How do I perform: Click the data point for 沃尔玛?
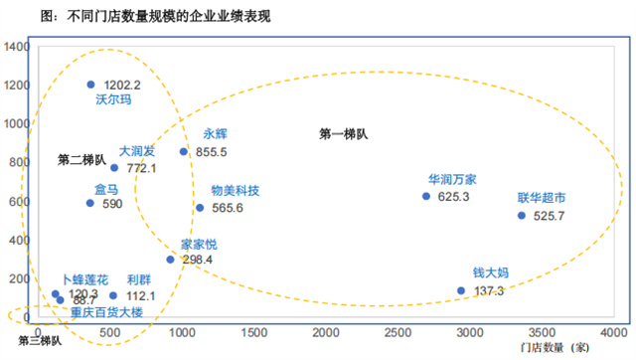pos(90,85)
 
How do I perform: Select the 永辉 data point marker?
pos(184,152)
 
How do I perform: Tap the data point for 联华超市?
pos(521,215)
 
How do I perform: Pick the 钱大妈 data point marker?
pos(461,290)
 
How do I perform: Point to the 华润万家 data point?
pos(426,196)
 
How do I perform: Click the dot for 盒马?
pos(90,203)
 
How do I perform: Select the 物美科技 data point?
pos(200,208)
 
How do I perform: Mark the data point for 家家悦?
pos(170,260)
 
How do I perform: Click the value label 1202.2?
pos(123,86)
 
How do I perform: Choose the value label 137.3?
pos(488,291)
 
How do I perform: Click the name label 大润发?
pos(137,151)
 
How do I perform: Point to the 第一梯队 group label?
pos(344,133)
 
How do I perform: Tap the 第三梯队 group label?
pos(40,341)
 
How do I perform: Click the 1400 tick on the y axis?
pos(16,47)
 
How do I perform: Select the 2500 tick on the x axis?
pos(397,330)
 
